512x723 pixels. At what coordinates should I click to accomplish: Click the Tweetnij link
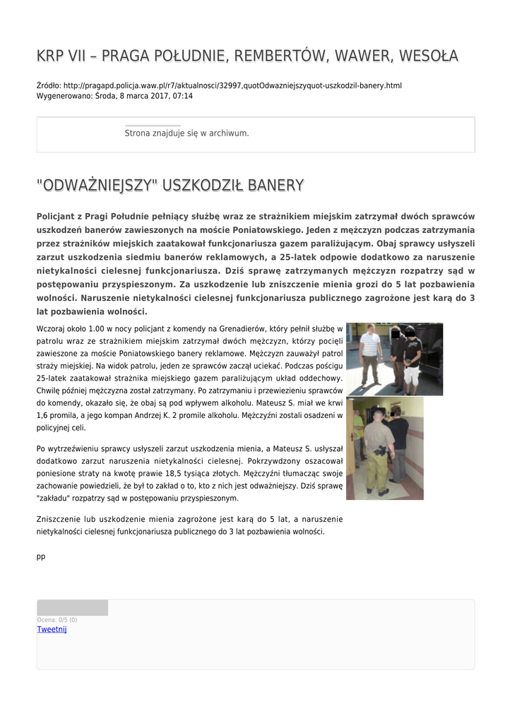click(52, 629)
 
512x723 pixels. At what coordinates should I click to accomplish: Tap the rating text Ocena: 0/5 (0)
click(57, 620)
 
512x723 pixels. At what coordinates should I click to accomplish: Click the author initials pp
click(41, 556)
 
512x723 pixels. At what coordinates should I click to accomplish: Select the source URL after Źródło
click(232, 85)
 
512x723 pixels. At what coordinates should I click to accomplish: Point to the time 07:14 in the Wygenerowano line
click(183, 95)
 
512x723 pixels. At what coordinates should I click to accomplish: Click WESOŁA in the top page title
click(428, 55)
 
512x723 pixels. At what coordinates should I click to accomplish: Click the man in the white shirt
click(369, 357)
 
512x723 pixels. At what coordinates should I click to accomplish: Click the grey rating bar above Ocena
click(72, 608)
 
